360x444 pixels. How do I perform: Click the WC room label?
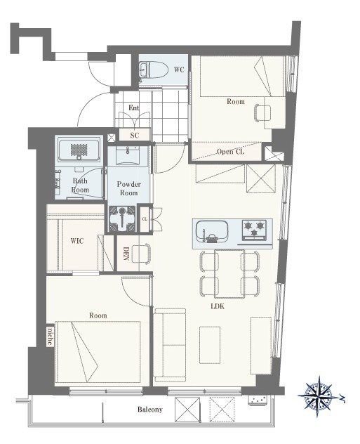pos(179,70)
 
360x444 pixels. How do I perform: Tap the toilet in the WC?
pos(153,70)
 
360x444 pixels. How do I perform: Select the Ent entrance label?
pos(134,108)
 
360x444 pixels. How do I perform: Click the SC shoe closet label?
pos(135,136)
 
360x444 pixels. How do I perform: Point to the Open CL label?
pos(230,152)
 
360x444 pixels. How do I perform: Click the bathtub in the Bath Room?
pos(79,150)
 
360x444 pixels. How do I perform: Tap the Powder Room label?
pos(128,188)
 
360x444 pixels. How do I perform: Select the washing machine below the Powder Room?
pos(122,218)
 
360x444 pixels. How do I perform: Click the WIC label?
pos(77,241)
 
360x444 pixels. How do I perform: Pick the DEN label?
pos(126,254)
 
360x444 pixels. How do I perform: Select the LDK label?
pos(218,306)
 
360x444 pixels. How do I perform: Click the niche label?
pos(50,337)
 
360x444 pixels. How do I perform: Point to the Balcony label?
pos(150,410)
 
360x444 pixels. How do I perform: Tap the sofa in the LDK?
pos(170,346)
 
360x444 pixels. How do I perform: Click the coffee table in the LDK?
pos(210,345)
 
